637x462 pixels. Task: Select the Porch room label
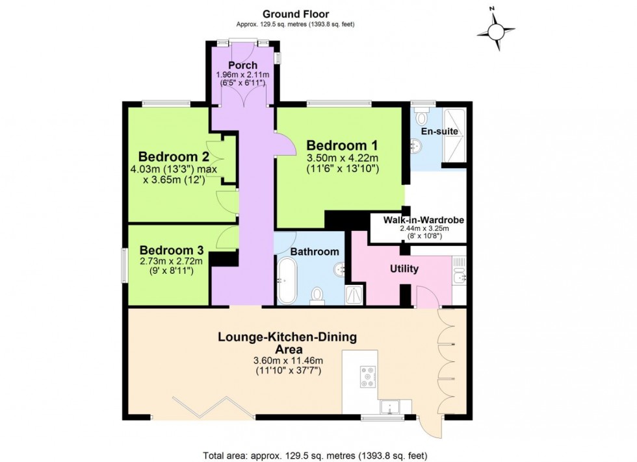(x=242, y=66)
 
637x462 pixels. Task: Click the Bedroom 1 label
(x=342, y=145)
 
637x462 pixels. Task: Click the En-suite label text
(x=439, y=131)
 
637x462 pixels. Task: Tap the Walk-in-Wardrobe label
(x=423, y=221)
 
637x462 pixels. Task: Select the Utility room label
(x=404, y=269)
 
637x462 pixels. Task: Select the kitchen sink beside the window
(x=391, y=407)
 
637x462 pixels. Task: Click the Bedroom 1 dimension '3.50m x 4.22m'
(x=342, y=158)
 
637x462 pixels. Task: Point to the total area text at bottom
(x=315, y=455)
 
